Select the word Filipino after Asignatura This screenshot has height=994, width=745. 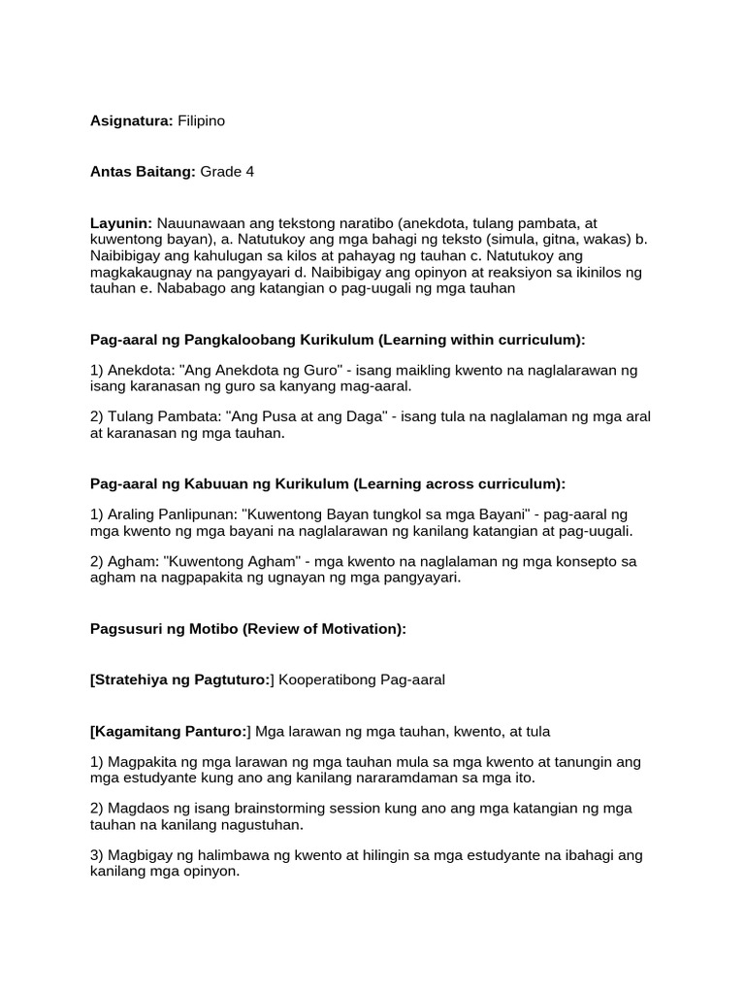pyautogui.click(x=201, y=120)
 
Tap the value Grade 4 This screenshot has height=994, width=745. pyautogui.click(x=227, y=172)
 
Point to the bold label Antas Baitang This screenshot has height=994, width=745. pyautogui.click(x=143, y=172)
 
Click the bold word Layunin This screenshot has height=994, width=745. pyautogui.click(x=121, y=223)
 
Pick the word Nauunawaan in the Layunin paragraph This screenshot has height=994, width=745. pyautogui.click(x=201, y=223)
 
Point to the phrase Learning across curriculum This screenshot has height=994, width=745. pyautogui.click(x=459, y=483)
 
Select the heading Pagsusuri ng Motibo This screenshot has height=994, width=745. pyautogui.click(x=164, y=628)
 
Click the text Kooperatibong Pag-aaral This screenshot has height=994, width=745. pyautogui.click(x=362, y=679)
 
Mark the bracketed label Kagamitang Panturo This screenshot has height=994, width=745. pyautogui.click(x=171, y=731)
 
